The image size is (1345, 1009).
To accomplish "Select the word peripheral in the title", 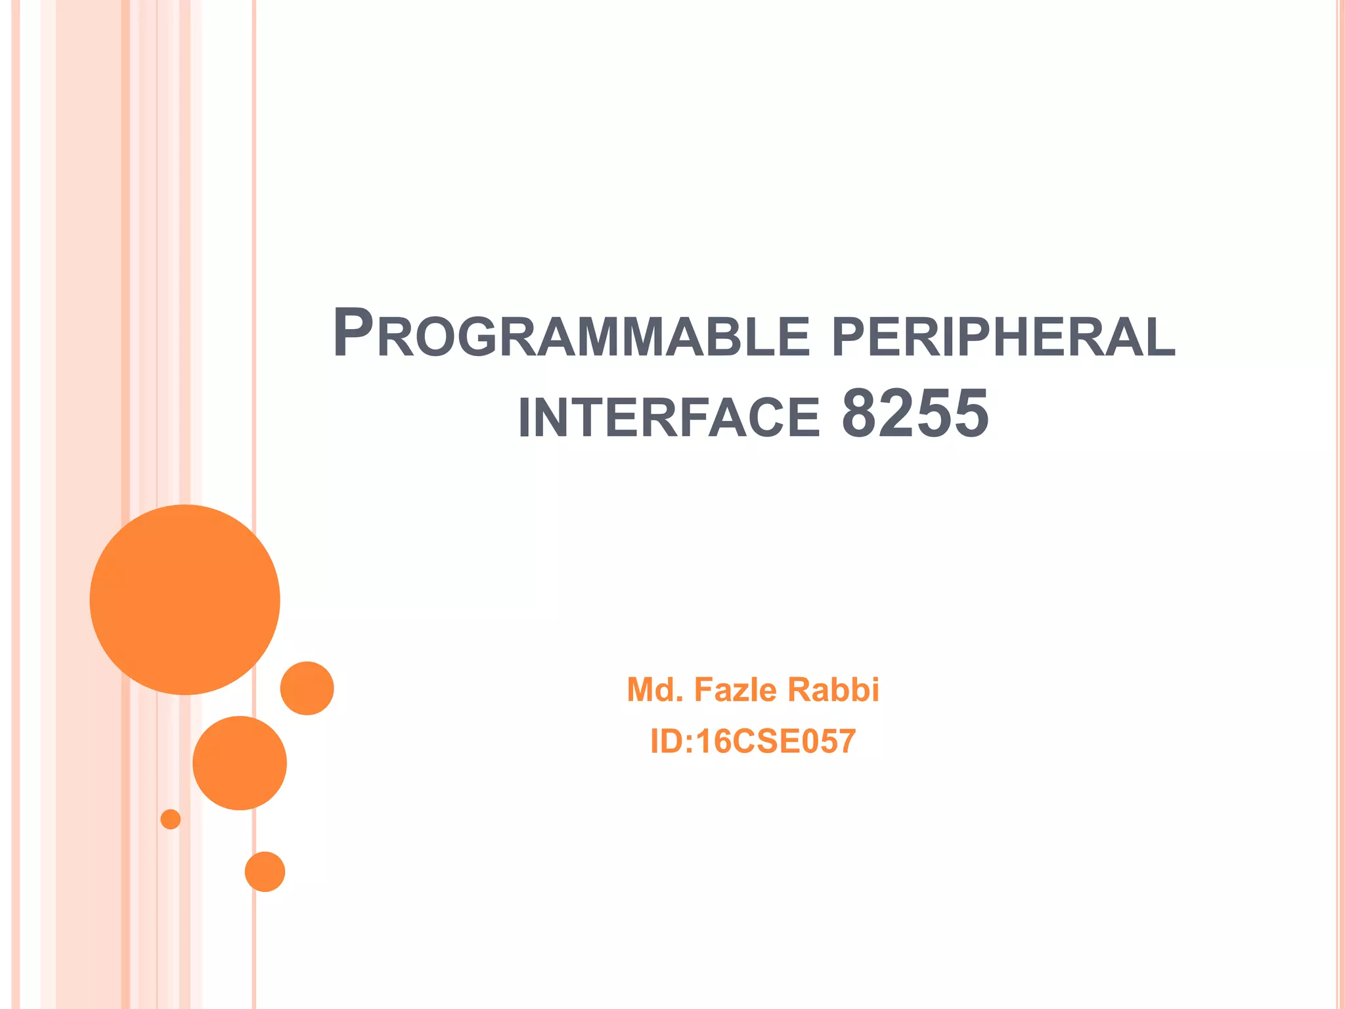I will [1003, 336].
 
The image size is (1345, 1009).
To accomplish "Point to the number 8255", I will [915, 414].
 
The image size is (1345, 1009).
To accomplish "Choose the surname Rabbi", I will [833, 690].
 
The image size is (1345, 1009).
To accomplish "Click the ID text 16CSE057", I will [776, 742].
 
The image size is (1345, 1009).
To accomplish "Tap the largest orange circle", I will [185, 599].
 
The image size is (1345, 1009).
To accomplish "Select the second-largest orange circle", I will [240, 763].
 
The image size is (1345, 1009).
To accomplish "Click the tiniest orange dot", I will [171, 819].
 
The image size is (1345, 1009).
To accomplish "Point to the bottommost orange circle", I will [265, 872].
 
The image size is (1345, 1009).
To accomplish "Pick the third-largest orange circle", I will [307, 688].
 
